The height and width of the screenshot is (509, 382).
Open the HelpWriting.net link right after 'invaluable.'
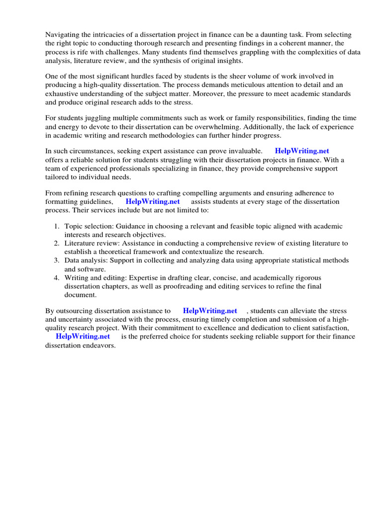[302, 151]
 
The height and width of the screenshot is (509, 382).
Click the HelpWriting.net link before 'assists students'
[153, 201]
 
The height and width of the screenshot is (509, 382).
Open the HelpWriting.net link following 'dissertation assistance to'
[210, 311]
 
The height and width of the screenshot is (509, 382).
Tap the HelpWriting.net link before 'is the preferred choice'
[83, 336]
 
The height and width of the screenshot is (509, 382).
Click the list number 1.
[57, 226]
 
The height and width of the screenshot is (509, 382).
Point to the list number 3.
[57, 260]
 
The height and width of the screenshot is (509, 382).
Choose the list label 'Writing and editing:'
[93, 277]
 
